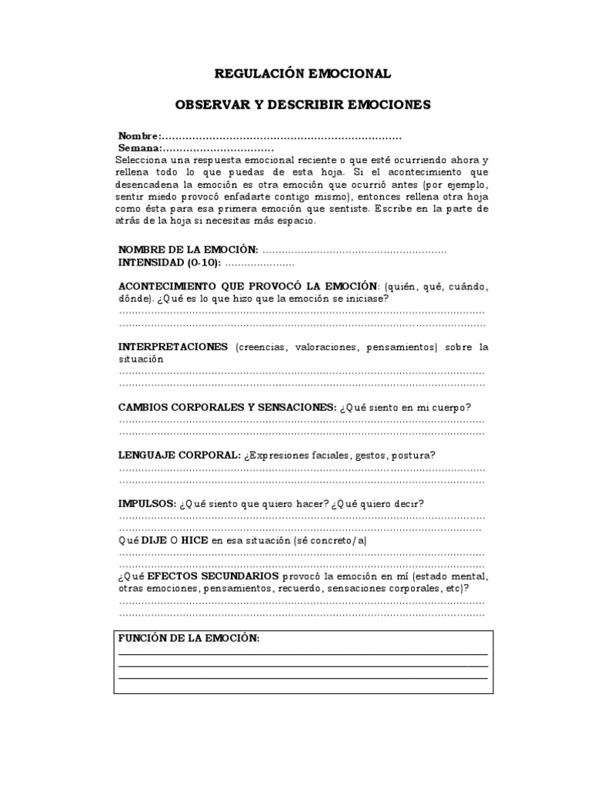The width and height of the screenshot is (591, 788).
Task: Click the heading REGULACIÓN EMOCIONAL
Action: pyautogui.click(x=302, y=74)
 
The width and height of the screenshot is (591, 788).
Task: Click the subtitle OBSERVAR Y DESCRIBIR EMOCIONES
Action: pyautogui.click(x=302, y=104)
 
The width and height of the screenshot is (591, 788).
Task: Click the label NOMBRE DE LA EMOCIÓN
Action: pyautogui.click(x=188, y=251)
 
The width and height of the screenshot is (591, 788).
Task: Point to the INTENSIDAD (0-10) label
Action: pyautogui.click(x=169, y=262)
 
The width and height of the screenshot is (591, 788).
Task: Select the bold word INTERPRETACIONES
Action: pyautogui.click(x=172, y=347)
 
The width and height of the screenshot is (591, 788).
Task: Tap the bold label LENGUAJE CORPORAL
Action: pyautogui.click(x=179, y=455)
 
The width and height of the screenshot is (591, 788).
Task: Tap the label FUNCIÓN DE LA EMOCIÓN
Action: pyautogui.click(x=189, y=639)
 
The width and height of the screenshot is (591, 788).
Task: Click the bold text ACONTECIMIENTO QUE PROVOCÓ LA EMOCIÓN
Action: pyautogui.click(x=248, y=286)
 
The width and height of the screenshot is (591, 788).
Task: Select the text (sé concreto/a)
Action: pyautogui.click(x=329, y=541)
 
